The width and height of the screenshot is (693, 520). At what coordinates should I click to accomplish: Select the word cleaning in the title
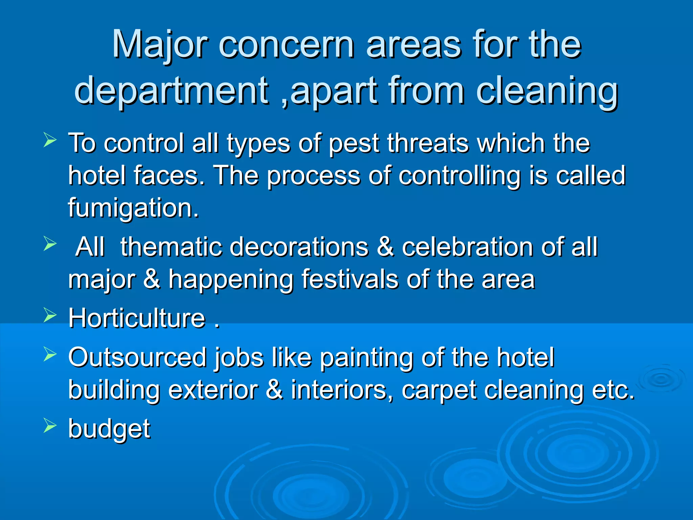[x=547, y=91]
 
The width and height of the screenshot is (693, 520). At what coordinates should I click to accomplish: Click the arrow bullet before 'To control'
[x=50, y=140]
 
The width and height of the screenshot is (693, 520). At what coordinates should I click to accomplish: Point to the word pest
[x=354, y=144]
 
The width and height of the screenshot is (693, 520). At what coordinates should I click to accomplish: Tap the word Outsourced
[x=137, y=357]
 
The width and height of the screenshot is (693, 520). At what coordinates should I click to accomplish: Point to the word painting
[x=366, y=358]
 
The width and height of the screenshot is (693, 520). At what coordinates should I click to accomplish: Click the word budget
[x=109, y=429]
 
